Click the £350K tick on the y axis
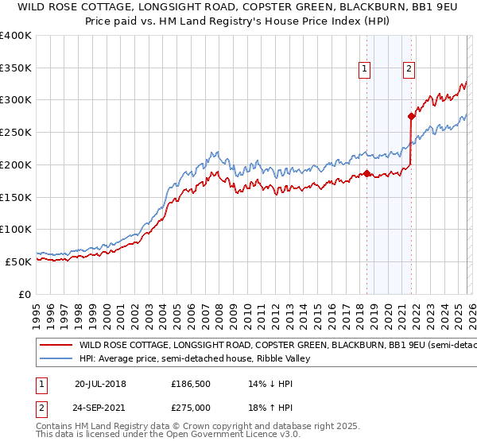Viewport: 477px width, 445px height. (16, 68)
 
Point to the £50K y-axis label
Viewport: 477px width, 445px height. (18, 261)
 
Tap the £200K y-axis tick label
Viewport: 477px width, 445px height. (16, 164)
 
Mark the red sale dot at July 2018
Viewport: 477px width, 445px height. (366, 173)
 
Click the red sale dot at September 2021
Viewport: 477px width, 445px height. (411, 117)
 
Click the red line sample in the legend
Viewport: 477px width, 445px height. (56, 346)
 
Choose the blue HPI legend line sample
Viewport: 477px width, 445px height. (56, 359)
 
